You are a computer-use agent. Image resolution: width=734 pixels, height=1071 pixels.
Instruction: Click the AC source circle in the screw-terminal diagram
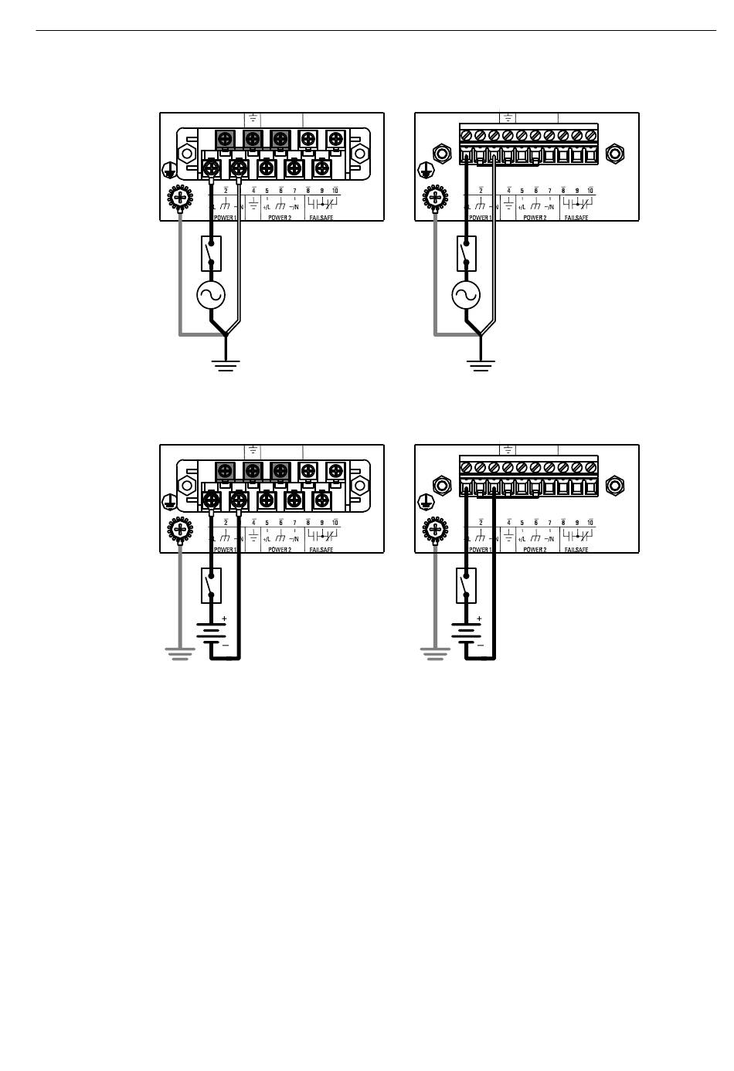pyautogui.click(x=212, y=294)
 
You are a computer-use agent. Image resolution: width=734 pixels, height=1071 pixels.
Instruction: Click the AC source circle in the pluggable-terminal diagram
pyautogui.click(x=466, y=294)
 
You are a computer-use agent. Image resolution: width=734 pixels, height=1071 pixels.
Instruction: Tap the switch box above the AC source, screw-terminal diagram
pyautogui.click(x=212, y=253)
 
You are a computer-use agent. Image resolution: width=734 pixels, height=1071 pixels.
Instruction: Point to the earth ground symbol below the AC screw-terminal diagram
pyautogui.click(x=226, y=364)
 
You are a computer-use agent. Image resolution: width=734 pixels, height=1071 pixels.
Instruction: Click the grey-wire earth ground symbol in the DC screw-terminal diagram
pyautogui.click(x=179, y=655)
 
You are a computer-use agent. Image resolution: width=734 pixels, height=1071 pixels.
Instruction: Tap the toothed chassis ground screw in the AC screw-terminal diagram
pyautogui.click(x=180, y=198)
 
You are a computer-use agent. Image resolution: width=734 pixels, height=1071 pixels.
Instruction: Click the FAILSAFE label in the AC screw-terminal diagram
pyautogui.click(x=321, y=219)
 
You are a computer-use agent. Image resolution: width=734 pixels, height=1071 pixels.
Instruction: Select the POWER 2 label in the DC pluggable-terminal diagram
pyautogui.click(x=535, y=550)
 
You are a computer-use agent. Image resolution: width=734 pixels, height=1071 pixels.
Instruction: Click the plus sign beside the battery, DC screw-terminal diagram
pyautogui.click(x=225, y=619)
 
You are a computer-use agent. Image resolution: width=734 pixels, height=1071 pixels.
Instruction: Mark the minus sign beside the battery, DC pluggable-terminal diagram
pyautogui.click(x=480, y=645)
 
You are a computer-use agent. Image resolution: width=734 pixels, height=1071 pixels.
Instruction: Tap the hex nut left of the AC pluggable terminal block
pyautogui.click(x=441, y=153)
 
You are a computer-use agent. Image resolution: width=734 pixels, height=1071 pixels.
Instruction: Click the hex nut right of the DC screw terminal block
pyautogui.click(x=359, y=485)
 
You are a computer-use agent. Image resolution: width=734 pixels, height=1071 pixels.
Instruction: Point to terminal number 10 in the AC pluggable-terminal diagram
pyautogui.click(x=590, y=190)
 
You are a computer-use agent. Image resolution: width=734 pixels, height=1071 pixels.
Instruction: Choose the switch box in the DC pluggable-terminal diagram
pyautogui.click(x=466, y=585)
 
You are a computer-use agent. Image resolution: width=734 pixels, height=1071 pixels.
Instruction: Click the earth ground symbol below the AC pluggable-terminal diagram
pyautogui.click(x=481, y=364)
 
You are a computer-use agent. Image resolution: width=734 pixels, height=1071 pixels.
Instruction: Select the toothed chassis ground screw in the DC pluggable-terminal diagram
pyautogui.click(x=435, y=530)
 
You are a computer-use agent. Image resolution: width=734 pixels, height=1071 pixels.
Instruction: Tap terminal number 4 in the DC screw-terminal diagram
pyautogui.click(x=253, y=522)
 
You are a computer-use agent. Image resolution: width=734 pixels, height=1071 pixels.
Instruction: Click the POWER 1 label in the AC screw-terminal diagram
pyautogui.click(x=225, y=219)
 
